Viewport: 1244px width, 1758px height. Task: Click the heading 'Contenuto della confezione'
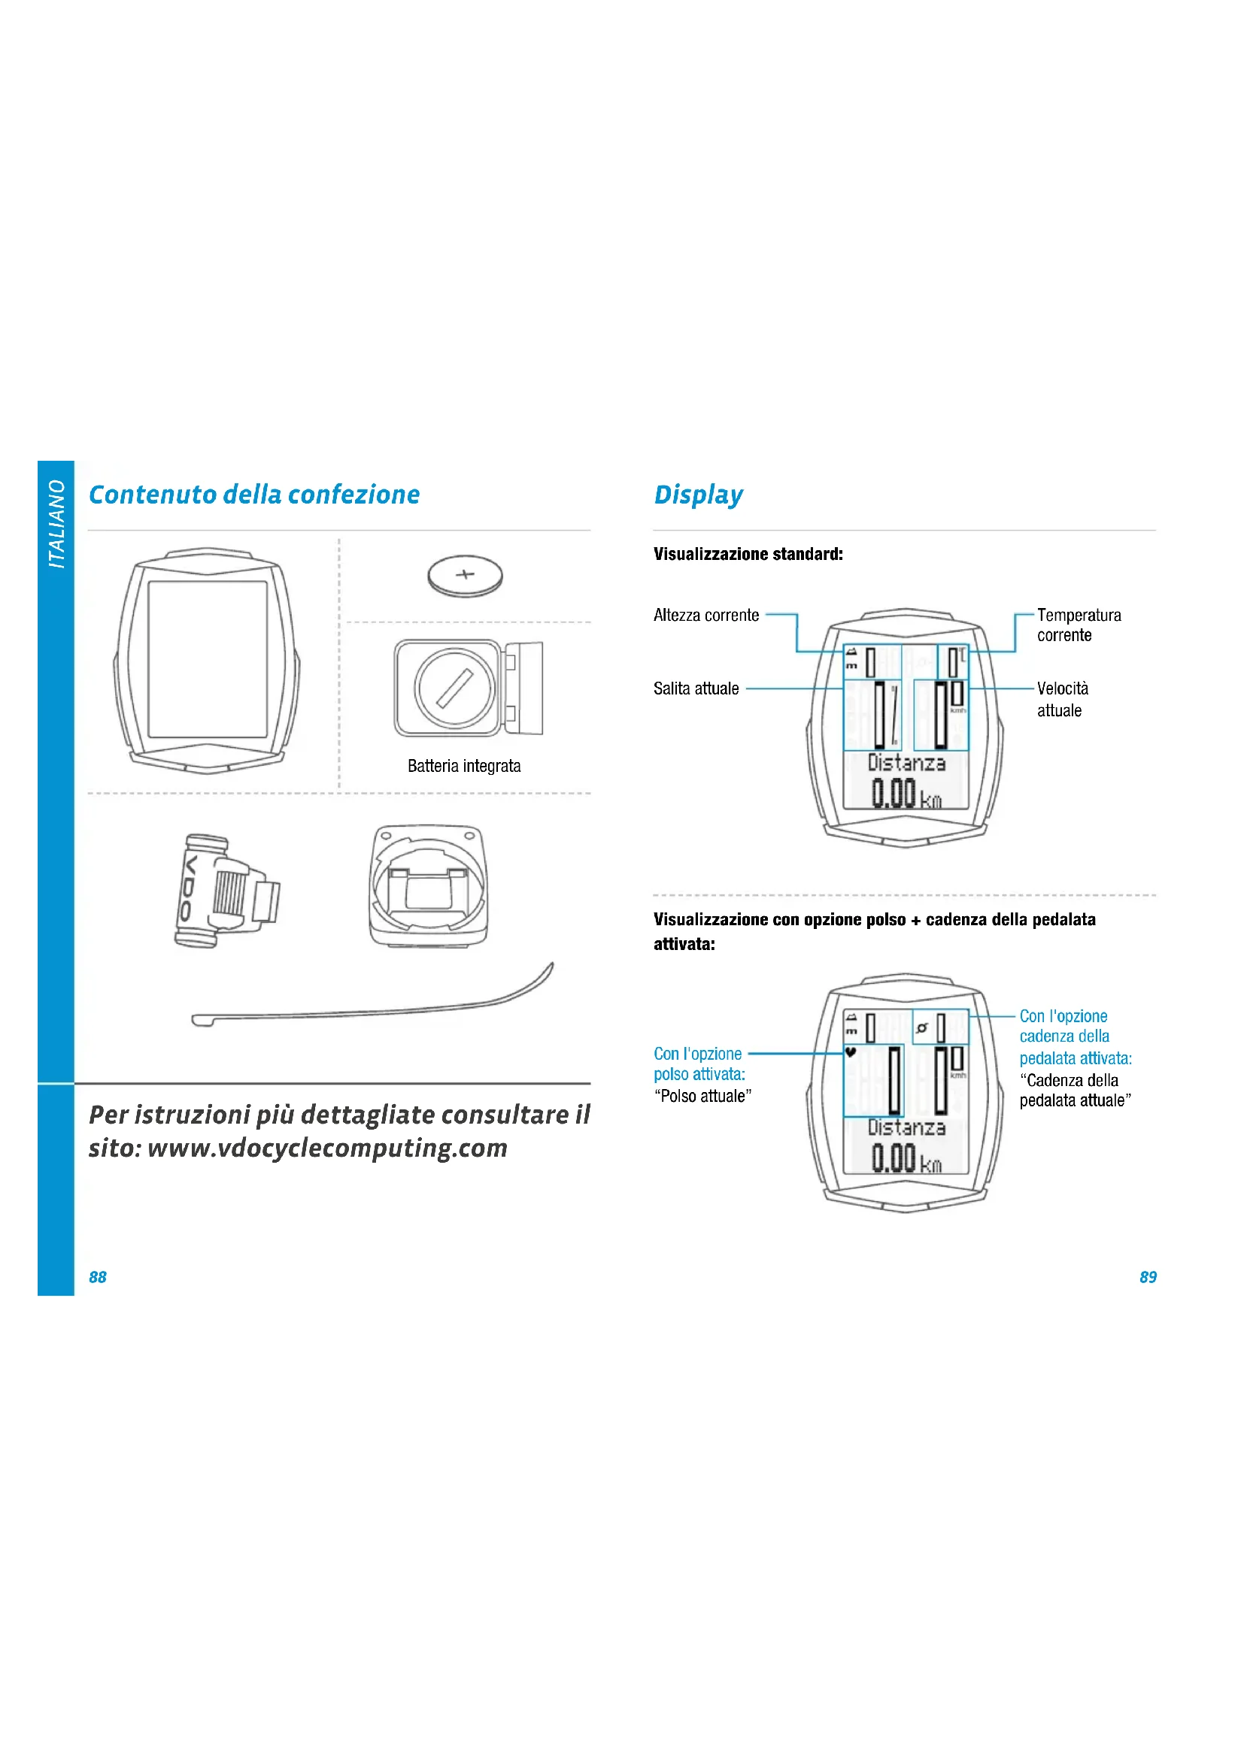253,495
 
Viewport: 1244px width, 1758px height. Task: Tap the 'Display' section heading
698,495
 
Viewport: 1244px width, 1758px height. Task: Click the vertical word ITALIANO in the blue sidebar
56,524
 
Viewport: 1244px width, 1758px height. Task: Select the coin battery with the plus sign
465,576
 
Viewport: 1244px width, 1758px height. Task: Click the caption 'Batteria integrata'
463,766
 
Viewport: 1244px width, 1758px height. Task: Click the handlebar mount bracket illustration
427,886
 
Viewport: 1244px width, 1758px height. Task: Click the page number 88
97,1277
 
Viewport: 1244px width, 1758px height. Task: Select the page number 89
1148,1277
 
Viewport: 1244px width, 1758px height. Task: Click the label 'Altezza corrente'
705,615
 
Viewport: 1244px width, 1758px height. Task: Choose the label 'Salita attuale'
696,688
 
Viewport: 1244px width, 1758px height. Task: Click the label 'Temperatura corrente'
1078,625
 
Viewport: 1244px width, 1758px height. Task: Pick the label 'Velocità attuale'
1062,699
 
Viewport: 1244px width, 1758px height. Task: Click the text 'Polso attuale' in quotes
702,1096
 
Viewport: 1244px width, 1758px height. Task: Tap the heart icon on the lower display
851,1053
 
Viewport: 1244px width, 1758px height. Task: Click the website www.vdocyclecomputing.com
327,1148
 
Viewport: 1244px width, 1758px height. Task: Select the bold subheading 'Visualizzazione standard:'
748,555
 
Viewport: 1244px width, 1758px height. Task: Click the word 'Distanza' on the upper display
906,763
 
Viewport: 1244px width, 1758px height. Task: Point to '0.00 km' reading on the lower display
906,1157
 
